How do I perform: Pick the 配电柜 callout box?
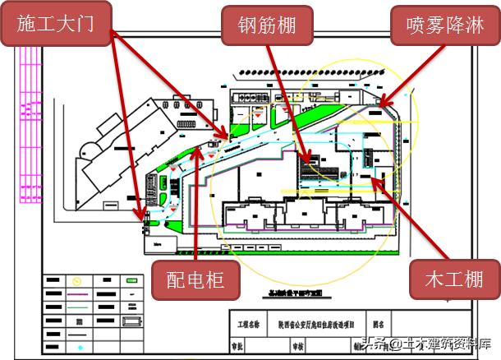196,282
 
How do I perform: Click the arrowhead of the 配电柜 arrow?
198,148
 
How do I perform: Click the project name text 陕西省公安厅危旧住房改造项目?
319,325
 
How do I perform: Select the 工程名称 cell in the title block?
245,325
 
